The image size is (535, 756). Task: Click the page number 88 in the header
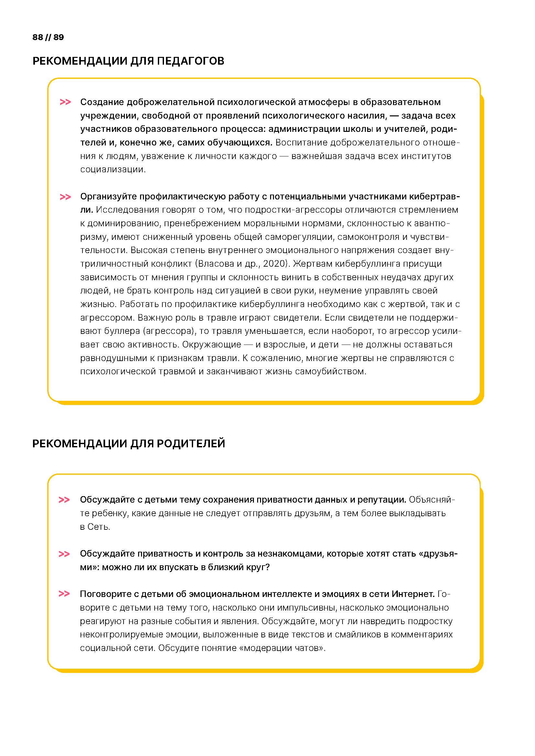[x=38, y=37]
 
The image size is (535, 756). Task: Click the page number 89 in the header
[x=59, y=37]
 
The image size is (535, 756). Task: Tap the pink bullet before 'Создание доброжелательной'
[x=65, y=102]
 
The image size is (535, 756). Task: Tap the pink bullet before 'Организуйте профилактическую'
[x=65, y=197]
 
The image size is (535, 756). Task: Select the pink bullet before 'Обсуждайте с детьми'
[x=64, y=500]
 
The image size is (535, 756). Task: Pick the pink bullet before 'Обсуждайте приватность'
[x=64, y=554]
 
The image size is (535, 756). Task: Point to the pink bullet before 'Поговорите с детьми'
[x=64, y=594]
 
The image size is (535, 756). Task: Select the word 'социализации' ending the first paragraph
[x=113, y=170]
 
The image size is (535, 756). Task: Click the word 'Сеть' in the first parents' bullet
[x=98, y=527]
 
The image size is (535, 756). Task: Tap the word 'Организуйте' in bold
[x=108, y=197]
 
